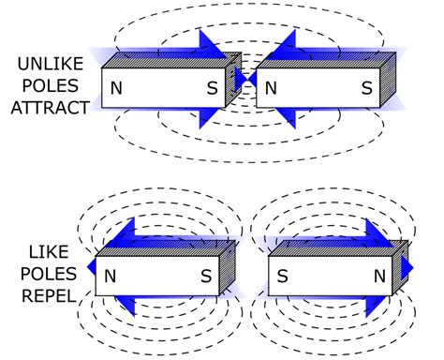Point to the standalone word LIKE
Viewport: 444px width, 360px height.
click(x=45, y=252)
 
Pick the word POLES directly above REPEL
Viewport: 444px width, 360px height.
click(x=45, y=273)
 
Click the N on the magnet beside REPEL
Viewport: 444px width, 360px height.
click(x=111, y=277)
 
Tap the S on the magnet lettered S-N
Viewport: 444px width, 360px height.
click(x=282, y=277)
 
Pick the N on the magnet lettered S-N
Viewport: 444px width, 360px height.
click(x=380, y=277)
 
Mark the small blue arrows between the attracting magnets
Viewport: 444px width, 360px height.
click(x=244, y=82)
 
